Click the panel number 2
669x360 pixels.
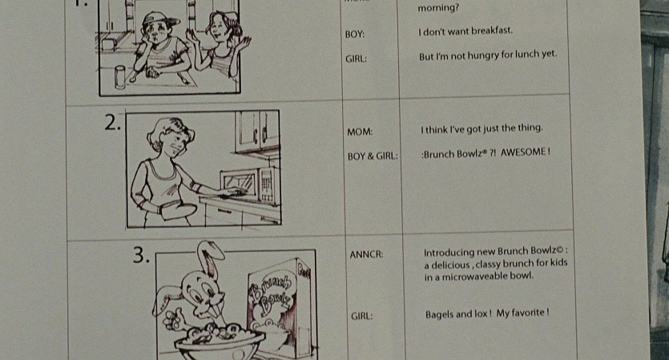click(x=112, y=123)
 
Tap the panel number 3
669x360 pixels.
click(x=141, y=255)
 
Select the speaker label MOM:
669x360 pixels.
click(x=360, y=132)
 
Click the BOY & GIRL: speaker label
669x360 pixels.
click(x=373, y=156)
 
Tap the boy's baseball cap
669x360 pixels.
click(x=159, y=18)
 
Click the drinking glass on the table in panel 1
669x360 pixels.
click(x=120, y=77)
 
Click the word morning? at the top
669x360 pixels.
click(x=438, y=8)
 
